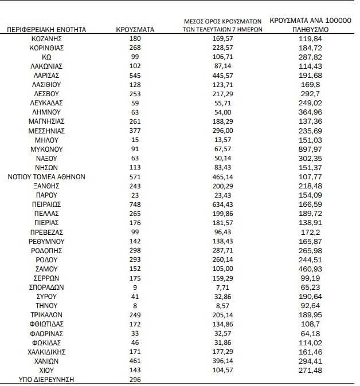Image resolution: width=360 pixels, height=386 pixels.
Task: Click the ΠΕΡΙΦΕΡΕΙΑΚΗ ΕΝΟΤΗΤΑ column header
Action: click(x=46, y=29)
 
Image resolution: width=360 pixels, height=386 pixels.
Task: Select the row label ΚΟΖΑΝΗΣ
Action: click(x=46, y=38)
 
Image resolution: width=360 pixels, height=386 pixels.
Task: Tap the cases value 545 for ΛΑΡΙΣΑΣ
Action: click(x=135, y=75)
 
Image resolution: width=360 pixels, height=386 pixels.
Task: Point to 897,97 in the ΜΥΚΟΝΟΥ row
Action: click(x=309, y=149)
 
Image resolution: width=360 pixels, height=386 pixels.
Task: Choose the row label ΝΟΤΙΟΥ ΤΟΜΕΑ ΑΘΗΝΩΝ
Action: click(x=46, y=177)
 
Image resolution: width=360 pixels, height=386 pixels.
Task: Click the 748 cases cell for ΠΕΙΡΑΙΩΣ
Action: click(x=135, y=204)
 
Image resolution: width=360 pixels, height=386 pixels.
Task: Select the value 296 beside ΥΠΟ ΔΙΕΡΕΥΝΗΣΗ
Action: click(x=135, y=380)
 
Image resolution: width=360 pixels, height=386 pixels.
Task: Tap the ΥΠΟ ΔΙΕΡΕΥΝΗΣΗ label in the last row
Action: click(x=46, y=380)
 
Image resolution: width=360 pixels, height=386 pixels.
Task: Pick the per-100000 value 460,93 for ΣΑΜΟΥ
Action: click(x=309, y=269)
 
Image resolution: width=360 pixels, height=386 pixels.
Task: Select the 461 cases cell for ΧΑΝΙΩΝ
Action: click(x=135, y=361)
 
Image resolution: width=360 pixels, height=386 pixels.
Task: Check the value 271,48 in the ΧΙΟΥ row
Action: click(x=309, y=371)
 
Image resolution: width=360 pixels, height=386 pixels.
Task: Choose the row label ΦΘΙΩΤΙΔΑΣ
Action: click(x=46, y=324)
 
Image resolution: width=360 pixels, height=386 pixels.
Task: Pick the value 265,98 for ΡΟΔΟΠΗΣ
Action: click(x=309, y=250)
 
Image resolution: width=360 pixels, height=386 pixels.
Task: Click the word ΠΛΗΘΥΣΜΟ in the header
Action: click(x=309, y=29)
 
